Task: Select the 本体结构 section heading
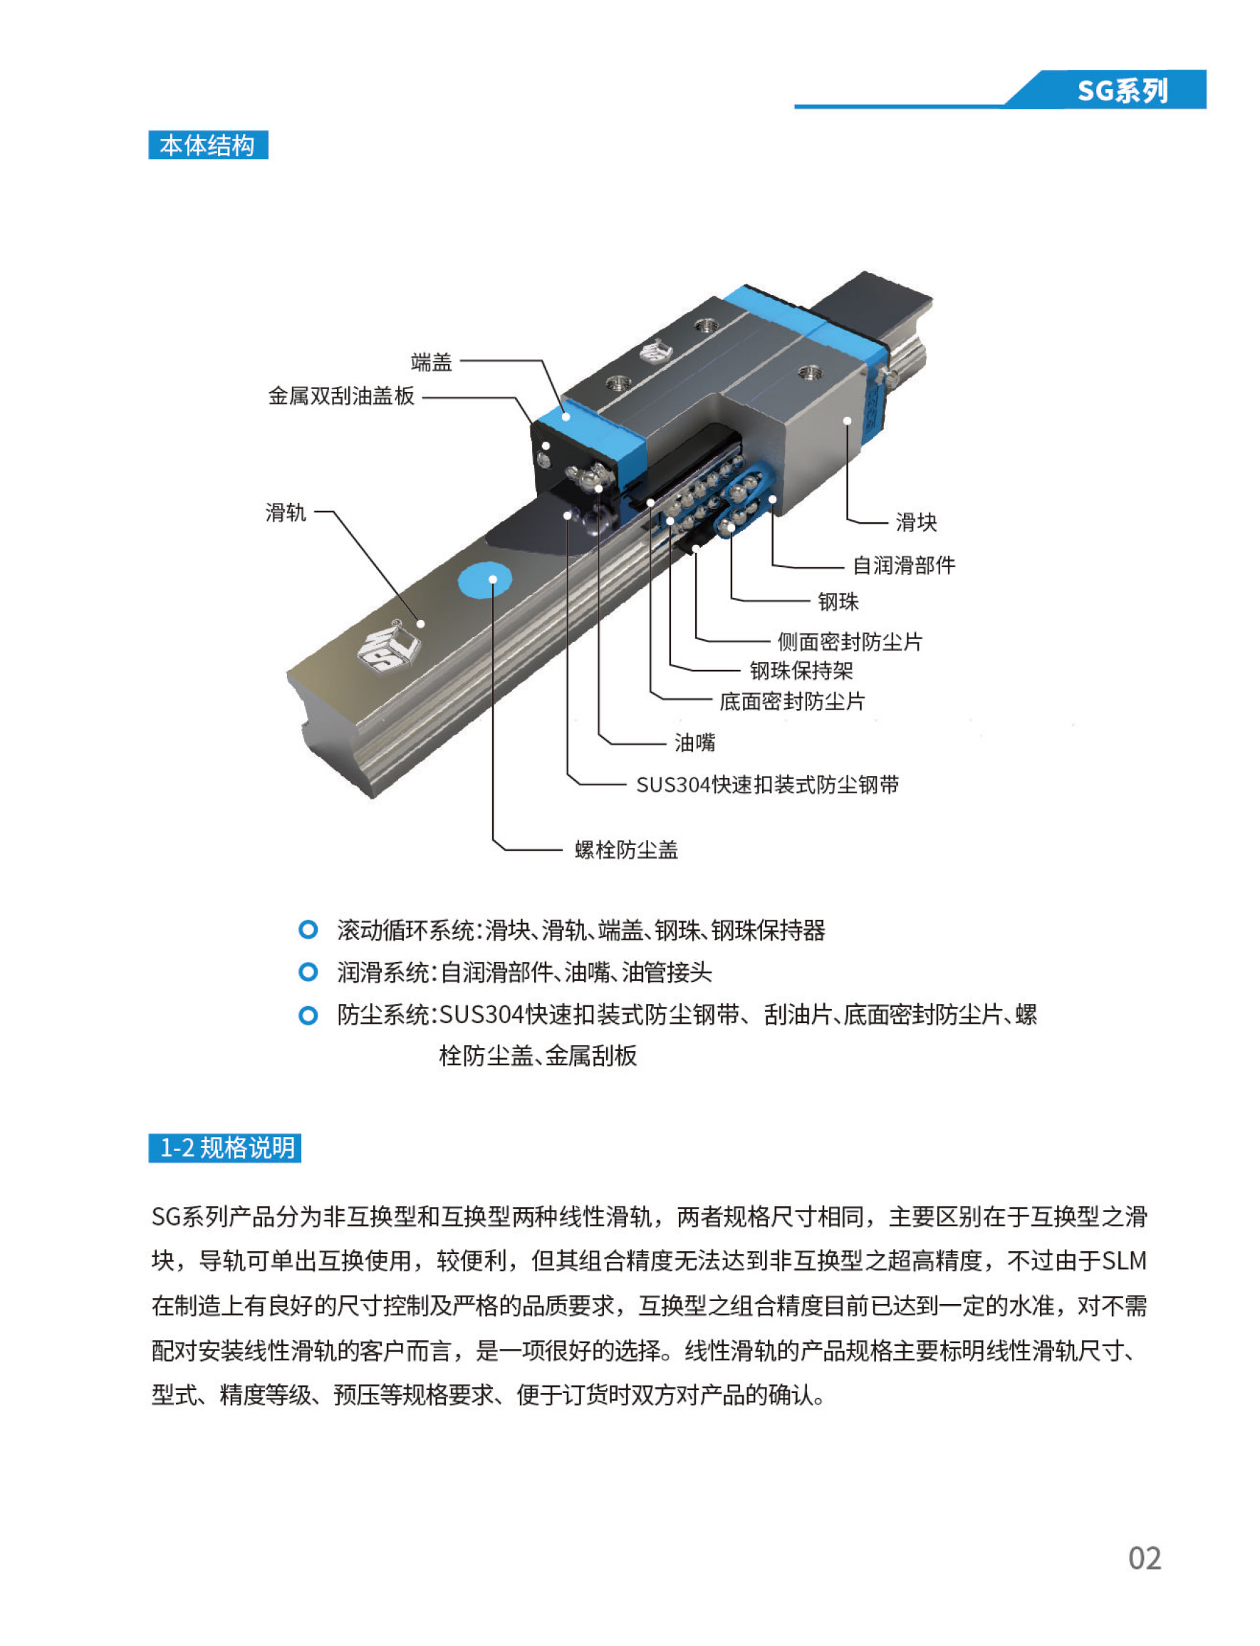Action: (208, 145)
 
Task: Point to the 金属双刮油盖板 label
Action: (341, 395)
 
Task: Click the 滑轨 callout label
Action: (286, 512)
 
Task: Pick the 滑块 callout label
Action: (916, 522)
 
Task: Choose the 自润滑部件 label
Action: (904, 565)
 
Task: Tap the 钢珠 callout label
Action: (838, 601)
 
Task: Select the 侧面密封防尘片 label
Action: (849, 641)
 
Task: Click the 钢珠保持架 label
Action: (801, 670)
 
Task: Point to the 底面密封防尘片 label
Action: (792, 700)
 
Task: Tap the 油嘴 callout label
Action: (694, 742)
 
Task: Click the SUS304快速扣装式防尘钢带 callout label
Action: (767, 784)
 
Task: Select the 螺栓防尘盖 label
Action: (626, 849)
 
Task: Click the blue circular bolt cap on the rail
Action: (484, 580)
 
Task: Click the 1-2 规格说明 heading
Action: (225, 1147)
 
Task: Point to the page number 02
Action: (1145, 1558)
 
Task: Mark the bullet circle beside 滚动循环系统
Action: (308, 931)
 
